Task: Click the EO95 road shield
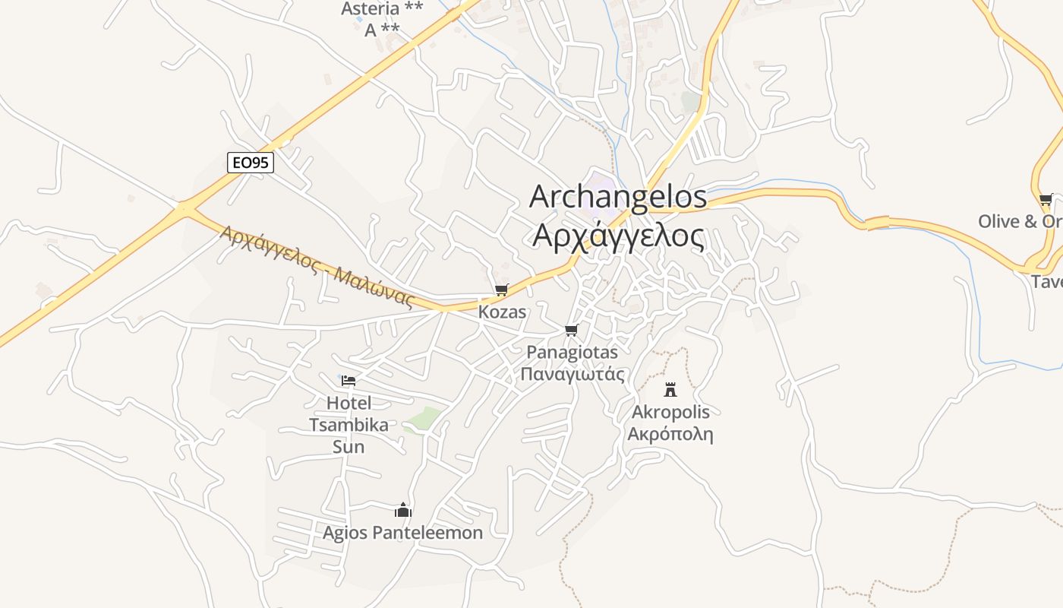[250, 162]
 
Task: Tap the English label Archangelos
[618, 197]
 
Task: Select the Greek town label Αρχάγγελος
[618, 236]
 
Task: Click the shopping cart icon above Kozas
[501, 290]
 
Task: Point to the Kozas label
[502, 312]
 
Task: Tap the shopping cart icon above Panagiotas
[572, 330]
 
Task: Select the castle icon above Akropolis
[670, 390]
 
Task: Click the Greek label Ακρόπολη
[670, 435]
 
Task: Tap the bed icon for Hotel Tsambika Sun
[349, 380]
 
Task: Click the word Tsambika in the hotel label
[349, 425]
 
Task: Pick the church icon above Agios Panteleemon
[402, 510]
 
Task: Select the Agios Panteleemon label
[402, 533]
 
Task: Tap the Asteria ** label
[382, 9]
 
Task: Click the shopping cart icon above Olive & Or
[1046, 200]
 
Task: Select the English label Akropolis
[670, 412]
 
